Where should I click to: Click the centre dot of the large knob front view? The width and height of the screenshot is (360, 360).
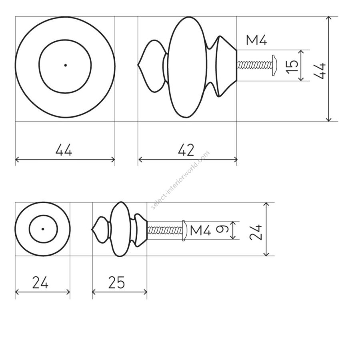tap(66, 65)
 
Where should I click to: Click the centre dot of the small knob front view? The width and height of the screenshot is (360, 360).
tap(43, 229)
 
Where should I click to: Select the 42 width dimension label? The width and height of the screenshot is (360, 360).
tap(186, 150)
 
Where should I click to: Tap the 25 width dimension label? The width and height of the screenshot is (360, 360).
tap(117, 282)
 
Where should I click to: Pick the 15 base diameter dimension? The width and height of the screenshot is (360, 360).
tap(292, 66)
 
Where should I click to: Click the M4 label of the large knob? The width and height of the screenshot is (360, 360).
tap(256, 40)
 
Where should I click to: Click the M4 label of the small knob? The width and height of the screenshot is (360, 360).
tap(200, 230)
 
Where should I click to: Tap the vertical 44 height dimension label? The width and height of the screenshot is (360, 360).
tap(319, 71)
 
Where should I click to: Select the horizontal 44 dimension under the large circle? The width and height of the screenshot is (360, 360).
tap(64, 150)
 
